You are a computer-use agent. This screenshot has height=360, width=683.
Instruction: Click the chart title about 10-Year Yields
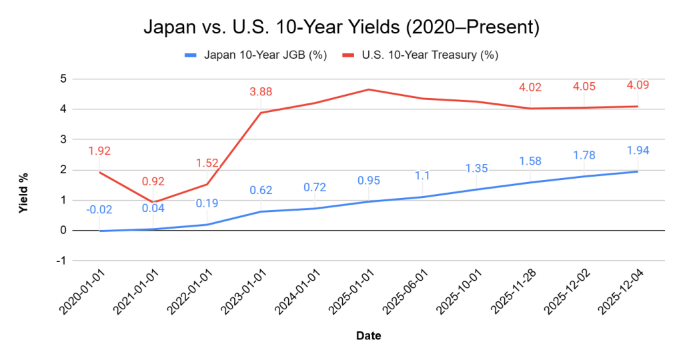pos(341,28)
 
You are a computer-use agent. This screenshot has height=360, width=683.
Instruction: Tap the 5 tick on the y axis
pos(63,79)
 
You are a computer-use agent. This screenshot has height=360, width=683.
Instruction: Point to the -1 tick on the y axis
pos(62,261)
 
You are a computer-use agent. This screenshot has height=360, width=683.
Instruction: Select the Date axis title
pos(368,336)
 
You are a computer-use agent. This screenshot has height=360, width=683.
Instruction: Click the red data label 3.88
pos(260,92)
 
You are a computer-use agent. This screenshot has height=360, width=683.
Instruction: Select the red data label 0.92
pos(153,181)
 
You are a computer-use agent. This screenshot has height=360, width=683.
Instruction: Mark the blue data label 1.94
pos(638,151)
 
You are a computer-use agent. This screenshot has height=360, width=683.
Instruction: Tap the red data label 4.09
pos(638,85)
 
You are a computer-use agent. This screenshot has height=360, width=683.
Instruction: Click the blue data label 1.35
pos(476,168)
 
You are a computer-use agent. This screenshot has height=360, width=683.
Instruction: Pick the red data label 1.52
pos(206,163)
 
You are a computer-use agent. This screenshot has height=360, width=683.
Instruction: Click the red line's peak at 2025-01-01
pos(368,89)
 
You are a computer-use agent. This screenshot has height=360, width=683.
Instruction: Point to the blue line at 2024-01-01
pos(314,209)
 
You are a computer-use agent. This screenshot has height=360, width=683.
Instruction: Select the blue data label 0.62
pos(260,191)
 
